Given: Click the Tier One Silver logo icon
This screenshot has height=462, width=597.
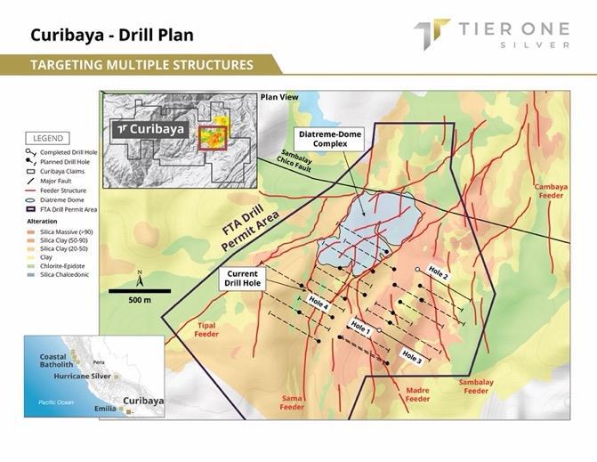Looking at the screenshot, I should click(432, 34).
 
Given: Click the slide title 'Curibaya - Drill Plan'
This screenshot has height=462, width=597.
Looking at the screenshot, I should click(111, 36).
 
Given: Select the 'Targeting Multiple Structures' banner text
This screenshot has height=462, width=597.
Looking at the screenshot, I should click(141, 65).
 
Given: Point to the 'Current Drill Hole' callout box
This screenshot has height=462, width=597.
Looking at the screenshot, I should click(242, 280).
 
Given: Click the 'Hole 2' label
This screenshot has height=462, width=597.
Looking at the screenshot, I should click(440, 274).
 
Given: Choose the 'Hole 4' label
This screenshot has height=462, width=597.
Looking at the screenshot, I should click(319, 303).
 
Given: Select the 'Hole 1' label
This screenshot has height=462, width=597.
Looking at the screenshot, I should click(360, 327).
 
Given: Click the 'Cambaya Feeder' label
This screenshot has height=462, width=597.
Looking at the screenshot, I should click(552, 192).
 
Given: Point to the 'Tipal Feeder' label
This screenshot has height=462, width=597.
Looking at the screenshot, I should click(206, 330).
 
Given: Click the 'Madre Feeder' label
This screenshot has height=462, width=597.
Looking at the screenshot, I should click(417, 394).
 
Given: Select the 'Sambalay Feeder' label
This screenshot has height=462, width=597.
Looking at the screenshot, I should click(476, 386).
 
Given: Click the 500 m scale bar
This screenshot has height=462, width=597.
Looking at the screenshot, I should click(141, 289).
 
